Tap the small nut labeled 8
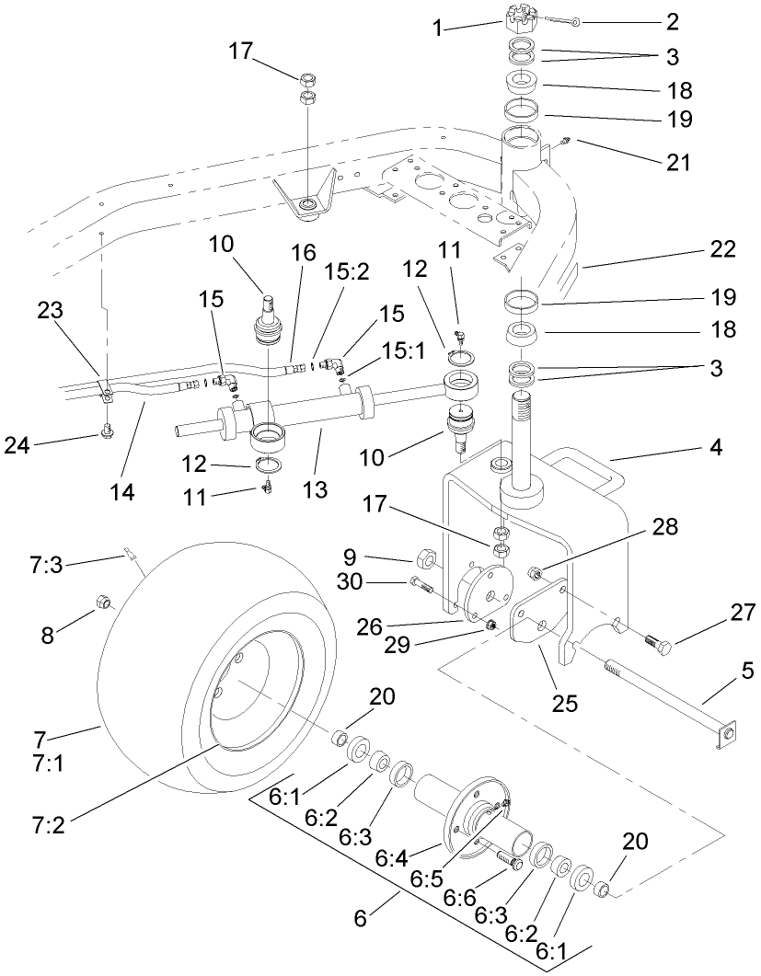pos(104,603)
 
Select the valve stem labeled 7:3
pos(131,556)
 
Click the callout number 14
pos(121,491)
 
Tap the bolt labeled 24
pos(108,428)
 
